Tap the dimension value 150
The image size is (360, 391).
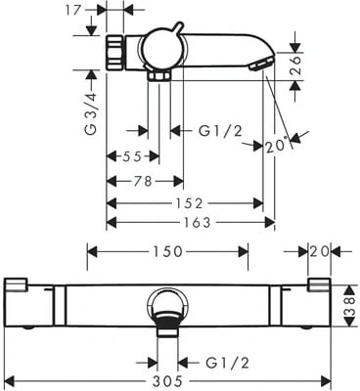coord(166,251)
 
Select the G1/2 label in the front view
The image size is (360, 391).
coord(226,363)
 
